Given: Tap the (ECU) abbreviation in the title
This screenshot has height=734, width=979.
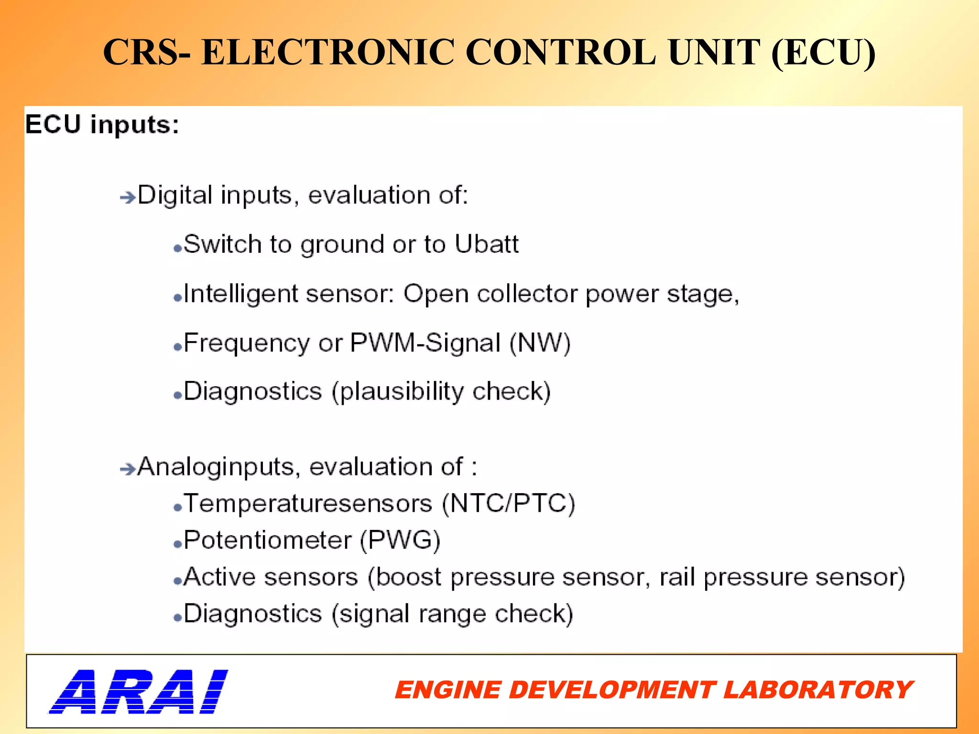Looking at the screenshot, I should click(823, 53).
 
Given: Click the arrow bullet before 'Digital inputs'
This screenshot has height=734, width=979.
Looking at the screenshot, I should click(128, 197).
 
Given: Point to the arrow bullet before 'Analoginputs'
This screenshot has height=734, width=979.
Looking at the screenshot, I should click(128, 469).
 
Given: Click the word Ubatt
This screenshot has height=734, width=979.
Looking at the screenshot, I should click(486, 244).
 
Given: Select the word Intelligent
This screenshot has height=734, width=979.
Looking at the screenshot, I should click(240, 294).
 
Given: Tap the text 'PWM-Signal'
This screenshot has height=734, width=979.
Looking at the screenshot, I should click(425, 343).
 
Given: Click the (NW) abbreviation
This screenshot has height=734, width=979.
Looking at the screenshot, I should click(540, 343).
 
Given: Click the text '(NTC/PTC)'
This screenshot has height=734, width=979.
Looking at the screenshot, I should click(508, 504).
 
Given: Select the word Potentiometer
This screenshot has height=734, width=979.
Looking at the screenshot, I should click(268, 540).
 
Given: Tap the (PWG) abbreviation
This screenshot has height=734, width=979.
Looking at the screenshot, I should click(400, 540).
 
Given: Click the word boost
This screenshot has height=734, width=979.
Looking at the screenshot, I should click(408, 577).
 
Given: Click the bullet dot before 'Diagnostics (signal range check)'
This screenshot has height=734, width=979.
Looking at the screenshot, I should click(177, 618).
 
